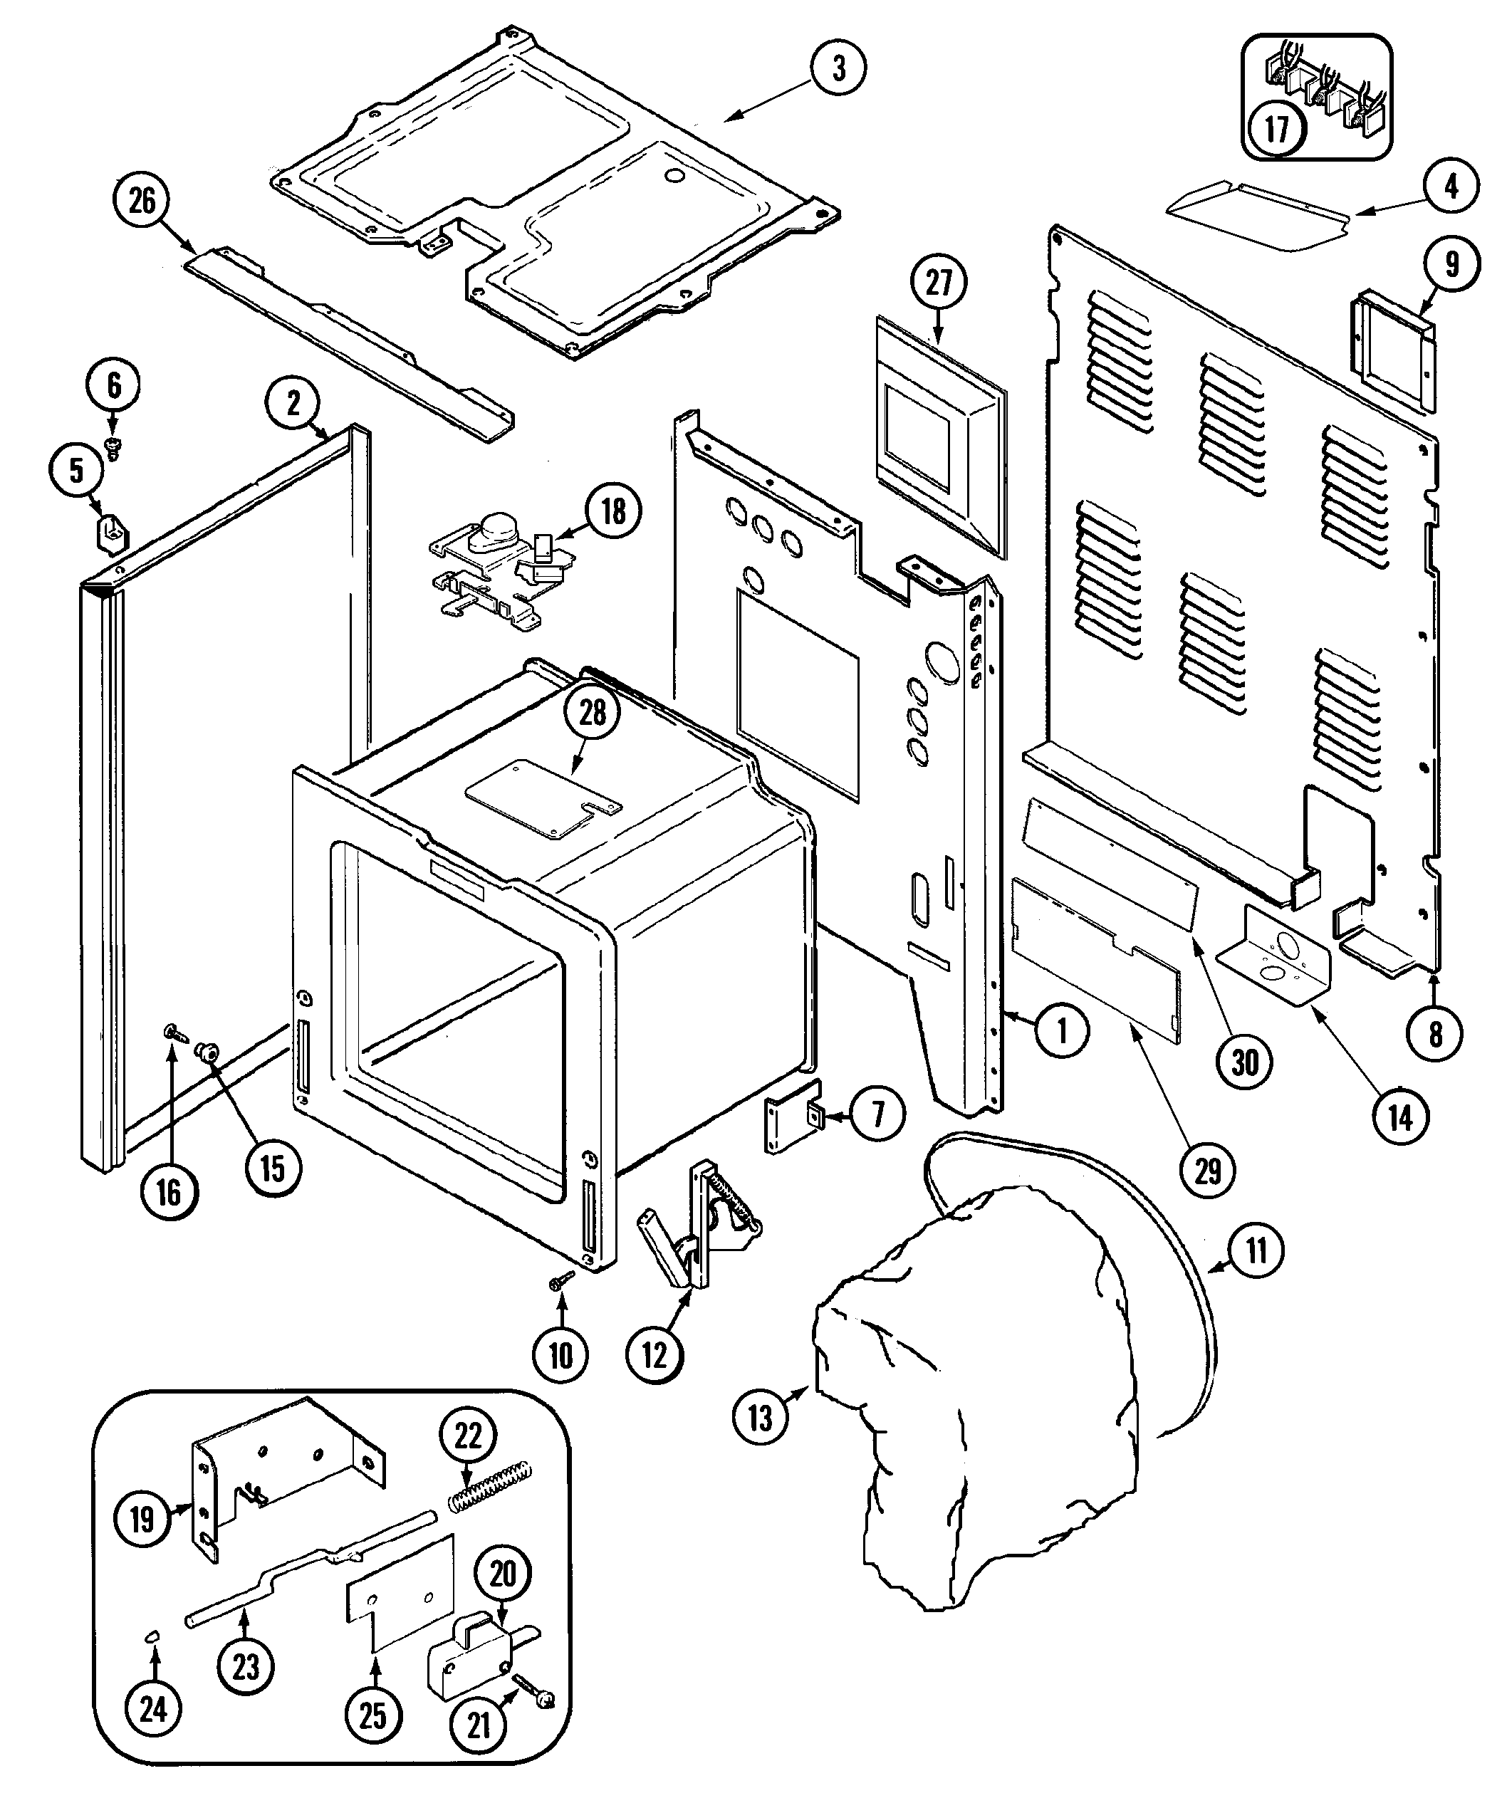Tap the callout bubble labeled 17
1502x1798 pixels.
click(x=1277, y=130)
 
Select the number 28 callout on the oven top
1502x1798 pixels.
click(x=593, y=714)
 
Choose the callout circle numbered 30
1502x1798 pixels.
click(x=1244, y=1062)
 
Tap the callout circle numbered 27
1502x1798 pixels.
click(x=939, y=283)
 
